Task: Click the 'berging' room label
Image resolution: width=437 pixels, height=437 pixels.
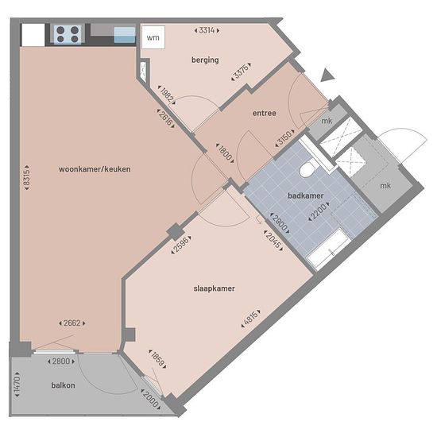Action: click(205, 60)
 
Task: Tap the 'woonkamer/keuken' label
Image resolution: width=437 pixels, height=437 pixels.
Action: click(95, 169)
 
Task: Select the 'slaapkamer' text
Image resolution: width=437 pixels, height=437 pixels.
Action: click(214, 288)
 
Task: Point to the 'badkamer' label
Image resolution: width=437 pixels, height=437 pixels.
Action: click(305, 195)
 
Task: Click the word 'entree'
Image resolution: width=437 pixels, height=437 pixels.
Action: click(265, 113)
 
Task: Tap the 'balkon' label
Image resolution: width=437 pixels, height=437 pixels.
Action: click(64, 385)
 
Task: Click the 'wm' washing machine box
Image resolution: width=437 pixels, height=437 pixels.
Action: click(153, 37)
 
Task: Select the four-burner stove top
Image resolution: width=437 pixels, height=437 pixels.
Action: click(68, 34)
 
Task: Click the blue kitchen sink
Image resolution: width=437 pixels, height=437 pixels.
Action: click(125, 35)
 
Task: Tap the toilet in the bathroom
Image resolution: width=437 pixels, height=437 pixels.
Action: click(308, 168)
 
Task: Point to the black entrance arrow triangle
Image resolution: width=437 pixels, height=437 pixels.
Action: click(327, 75)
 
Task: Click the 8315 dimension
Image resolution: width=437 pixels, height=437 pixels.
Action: click(27, 177)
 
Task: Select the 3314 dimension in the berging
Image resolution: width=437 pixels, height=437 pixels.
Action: click(207, 30)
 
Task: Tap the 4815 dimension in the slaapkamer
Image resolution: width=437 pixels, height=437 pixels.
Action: click(251, 318)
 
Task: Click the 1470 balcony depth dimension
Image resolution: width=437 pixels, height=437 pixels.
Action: click(17, 385)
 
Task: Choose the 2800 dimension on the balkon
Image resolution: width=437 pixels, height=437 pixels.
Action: click(61, 362)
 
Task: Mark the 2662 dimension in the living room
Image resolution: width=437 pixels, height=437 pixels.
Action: click(72, 323)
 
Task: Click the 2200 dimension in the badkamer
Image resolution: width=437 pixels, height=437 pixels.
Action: click(319, 211)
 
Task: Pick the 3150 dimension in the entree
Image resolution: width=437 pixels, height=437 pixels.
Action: click(284, 137)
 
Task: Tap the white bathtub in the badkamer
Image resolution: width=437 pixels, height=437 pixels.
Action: click(328, 249)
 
